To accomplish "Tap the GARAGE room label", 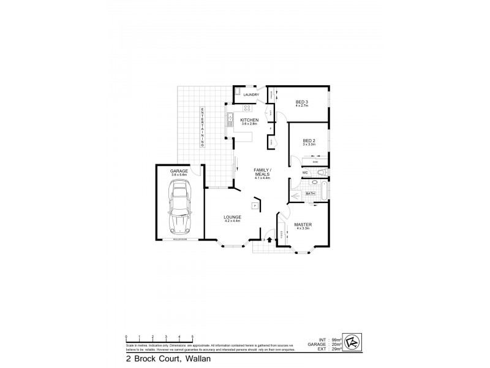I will (179, 172).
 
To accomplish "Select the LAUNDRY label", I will (251, 94).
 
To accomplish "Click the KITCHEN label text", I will (249, 121).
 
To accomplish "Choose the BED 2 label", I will (309, 142).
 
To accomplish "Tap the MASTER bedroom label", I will (303, 226).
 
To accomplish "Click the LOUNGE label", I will (232, 218).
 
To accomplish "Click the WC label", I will (304, 173).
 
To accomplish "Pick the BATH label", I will (311, 193).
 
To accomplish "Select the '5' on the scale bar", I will (192, 337).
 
